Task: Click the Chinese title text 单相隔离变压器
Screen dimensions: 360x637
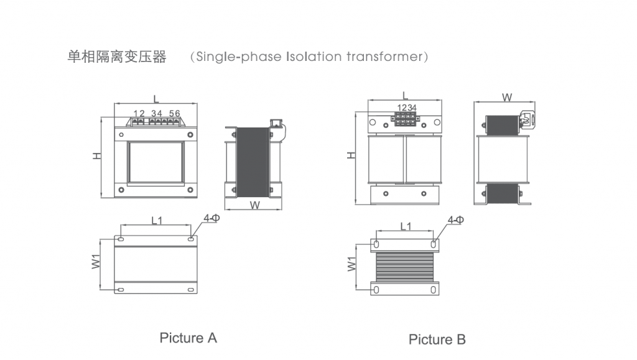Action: (x=117, y=57)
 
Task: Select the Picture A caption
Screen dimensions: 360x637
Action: (x=188, y=338)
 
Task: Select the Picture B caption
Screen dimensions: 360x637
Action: (x=437, y=339)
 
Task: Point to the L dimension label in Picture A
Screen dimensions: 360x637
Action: (x=156, y=98)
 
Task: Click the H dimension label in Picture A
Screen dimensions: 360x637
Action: (x=97, y=156)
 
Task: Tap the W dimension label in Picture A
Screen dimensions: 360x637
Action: (x=254, y=205)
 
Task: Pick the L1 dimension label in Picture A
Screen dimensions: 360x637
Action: (x=157, y=220)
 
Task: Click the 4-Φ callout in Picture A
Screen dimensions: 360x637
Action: (x=211, y=218)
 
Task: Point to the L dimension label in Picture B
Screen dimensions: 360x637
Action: (x=404, y=95)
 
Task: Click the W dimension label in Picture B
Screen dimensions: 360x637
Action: (x=507, y=97)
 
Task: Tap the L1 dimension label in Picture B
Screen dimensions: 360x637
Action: (x=406, y=226)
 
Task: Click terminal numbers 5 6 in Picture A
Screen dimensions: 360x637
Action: (x=175, y=113)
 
